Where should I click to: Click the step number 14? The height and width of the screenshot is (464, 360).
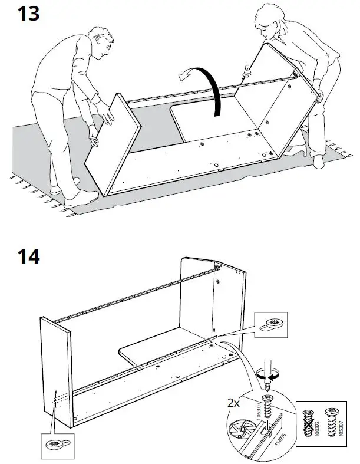27,256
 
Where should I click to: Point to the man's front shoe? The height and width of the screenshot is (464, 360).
76,201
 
